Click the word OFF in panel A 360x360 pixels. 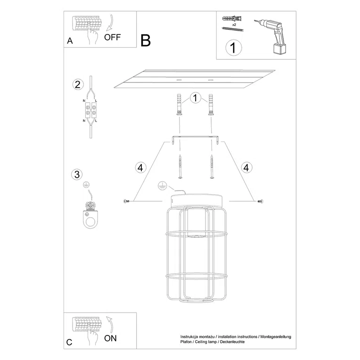click(112, 37)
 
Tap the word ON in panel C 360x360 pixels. click(110, 338)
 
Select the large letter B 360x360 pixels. click(146, 41)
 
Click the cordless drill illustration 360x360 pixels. click(271, 36)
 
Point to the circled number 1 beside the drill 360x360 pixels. click(234, 48)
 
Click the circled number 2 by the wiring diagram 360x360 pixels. click(78, 84)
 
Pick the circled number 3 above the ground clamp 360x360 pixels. click(77, 174)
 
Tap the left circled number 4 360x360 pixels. click(140, 168)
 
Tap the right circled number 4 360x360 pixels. click(246, 168)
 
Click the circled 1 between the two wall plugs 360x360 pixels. click(196, 98)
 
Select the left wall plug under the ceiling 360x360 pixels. click(179, 105)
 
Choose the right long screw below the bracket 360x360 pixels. click(212, 166)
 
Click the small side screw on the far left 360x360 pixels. click(126, 201)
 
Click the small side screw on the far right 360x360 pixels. click(260, 201)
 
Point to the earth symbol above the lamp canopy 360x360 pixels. click(162, 185)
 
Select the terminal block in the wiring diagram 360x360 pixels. click(90, 110)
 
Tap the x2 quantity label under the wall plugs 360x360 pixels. click(234, 25)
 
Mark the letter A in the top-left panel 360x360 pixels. click(70, 41)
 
